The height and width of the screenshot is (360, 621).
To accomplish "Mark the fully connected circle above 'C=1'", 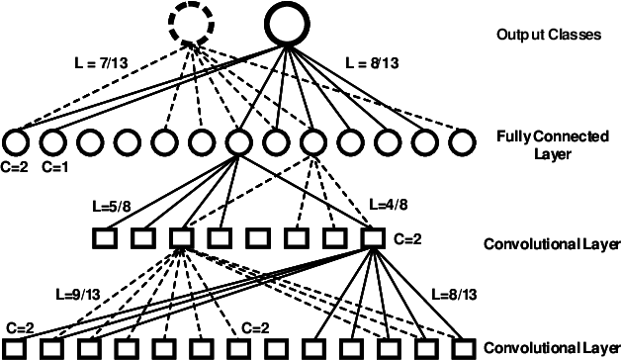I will (53, 143).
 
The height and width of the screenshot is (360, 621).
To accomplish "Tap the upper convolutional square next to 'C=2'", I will (373, 238).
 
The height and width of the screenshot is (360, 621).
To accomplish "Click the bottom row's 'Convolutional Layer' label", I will (551, 347).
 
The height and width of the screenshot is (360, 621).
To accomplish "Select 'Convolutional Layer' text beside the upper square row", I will (551, 243).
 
